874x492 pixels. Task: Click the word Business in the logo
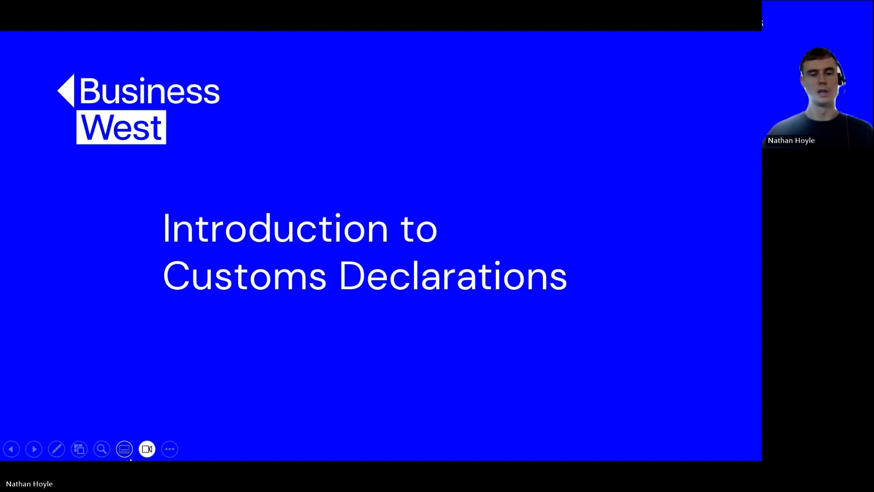click(149, 91)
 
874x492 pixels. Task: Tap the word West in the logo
click(121, 128)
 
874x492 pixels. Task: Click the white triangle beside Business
click(66, 91)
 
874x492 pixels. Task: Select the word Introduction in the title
click(275, 228)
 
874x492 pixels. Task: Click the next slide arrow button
click(34, 449)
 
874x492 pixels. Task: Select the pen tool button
click(56, 449)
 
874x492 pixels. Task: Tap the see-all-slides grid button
click(79, 449)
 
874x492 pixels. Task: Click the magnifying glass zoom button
click(102, 449)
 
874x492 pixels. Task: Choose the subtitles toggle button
click(124, 449)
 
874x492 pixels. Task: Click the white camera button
click(147, 449)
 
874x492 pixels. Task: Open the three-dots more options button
click(170, 449)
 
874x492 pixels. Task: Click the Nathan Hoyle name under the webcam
click(791, 140)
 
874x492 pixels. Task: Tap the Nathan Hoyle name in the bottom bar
click(29, 484)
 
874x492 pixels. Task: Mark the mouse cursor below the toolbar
click(131, 461)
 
